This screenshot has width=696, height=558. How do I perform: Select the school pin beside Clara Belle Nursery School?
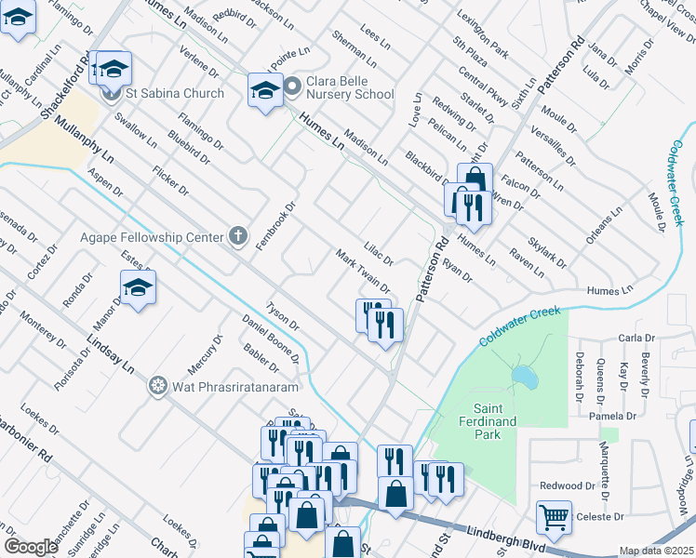(265, 90)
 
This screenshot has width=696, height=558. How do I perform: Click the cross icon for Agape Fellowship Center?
(238, 236)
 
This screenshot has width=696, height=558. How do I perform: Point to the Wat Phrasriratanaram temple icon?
(157, 385)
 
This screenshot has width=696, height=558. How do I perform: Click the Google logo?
(31, 547)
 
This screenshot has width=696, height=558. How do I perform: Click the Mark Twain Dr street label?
(362, 270)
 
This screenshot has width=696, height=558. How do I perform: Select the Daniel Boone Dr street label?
(271, 338)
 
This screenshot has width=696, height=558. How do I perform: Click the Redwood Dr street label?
(567, 485)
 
